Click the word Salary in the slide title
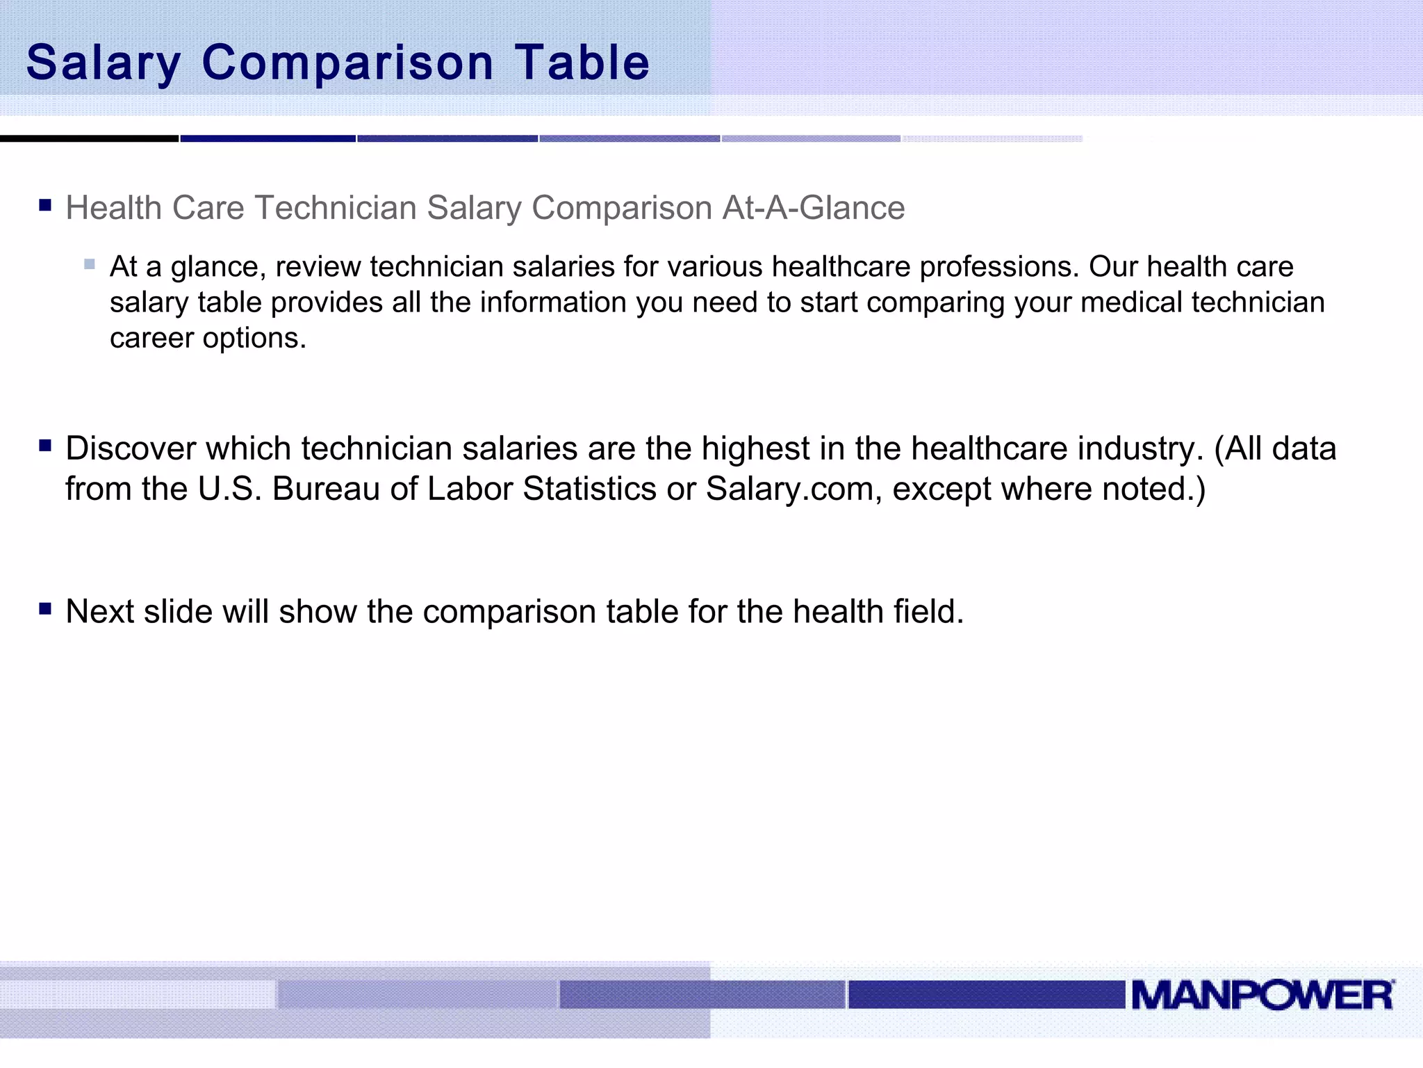[104, 63]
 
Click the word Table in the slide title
[582, 63]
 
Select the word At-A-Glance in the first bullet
[813, 208]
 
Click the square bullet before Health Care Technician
[46, 205]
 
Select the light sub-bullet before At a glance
[89, 264]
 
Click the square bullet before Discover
[46, 446]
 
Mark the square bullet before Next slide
[46, 609]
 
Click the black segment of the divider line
[89, 139]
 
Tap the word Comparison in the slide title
[347, 63]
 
